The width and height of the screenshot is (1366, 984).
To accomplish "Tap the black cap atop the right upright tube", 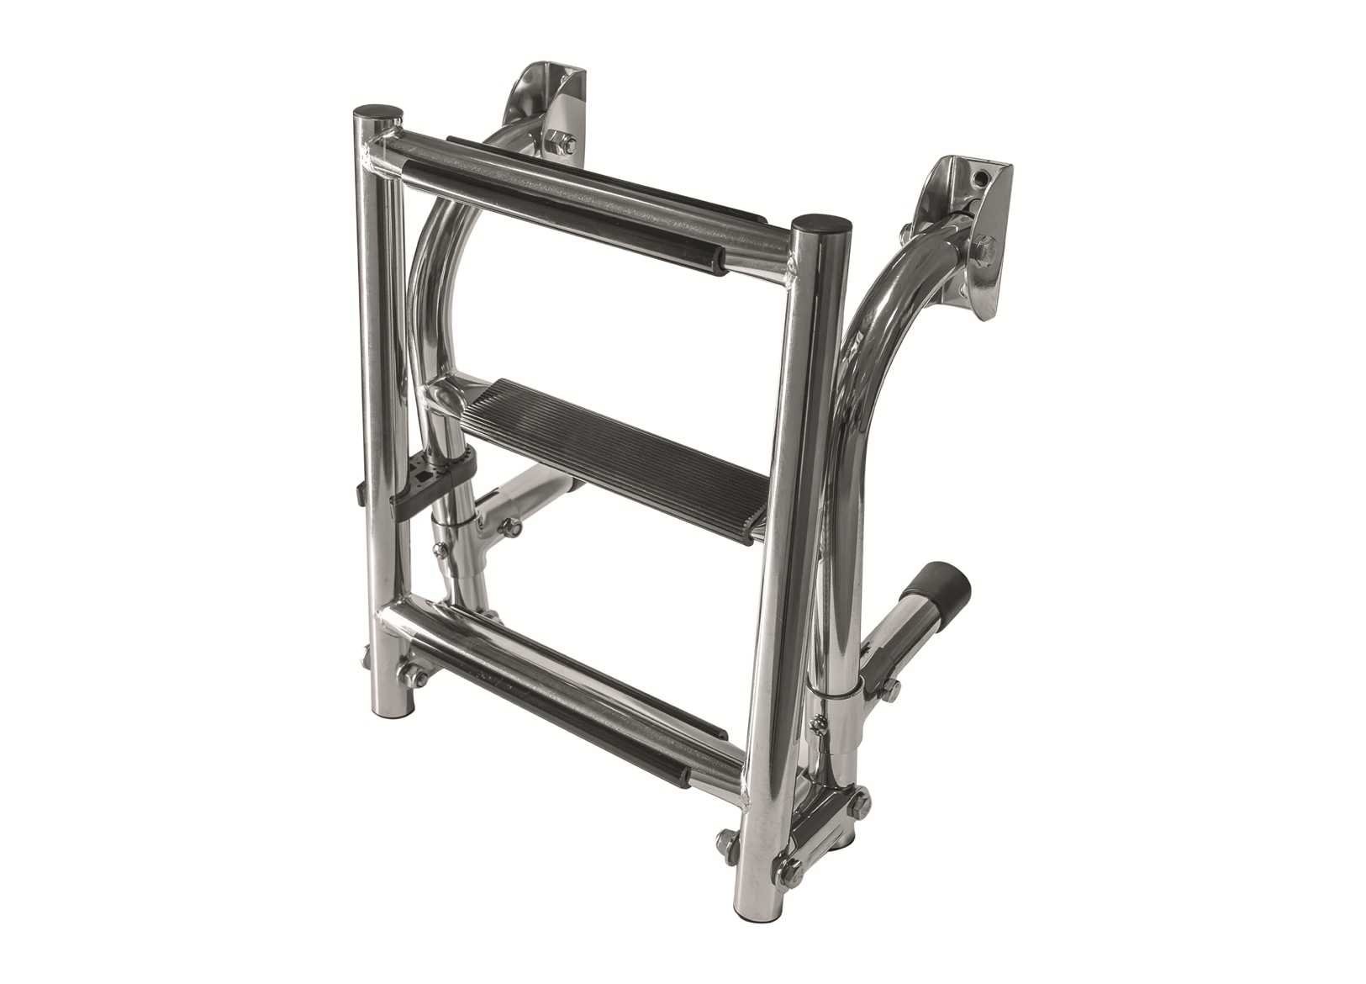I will pos(821,223).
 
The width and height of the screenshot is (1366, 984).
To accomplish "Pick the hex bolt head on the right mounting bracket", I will pos(985,247).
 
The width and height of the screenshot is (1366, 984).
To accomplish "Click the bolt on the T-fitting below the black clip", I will pos(509,528).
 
